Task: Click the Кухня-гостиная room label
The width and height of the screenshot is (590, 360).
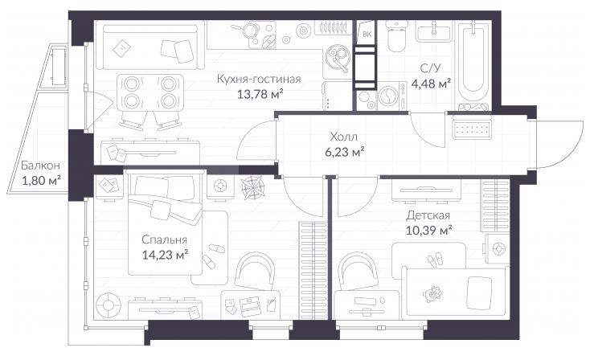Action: tap(259, 79)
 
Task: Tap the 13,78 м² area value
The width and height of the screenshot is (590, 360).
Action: tap(260, 94)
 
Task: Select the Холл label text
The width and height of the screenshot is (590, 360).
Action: tap(343, 136)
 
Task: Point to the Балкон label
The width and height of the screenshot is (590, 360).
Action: tap(40, 166)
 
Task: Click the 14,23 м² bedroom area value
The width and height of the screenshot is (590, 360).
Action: tap(165, 255)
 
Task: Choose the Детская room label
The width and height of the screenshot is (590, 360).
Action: tap(428, 215)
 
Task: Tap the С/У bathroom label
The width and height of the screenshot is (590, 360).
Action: tap(431, 68)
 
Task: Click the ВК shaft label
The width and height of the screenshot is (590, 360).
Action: tap(367, 35)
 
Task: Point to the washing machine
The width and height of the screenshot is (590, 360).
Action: tap(391, 96)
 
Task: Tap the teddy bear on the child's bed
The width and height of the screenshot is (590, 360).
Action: tap(432, 293)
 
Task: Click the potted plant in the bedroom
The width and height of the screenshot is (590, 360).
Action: tap(253, 187)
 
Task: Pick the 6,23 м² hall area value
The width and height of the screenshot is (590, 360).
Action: tap(344, 152)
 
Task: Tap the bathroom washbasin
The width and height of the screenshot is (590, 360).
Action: tap(434, 30)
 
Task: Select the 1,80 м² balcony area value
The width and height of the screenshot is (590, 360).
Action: tap(41, 181)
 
